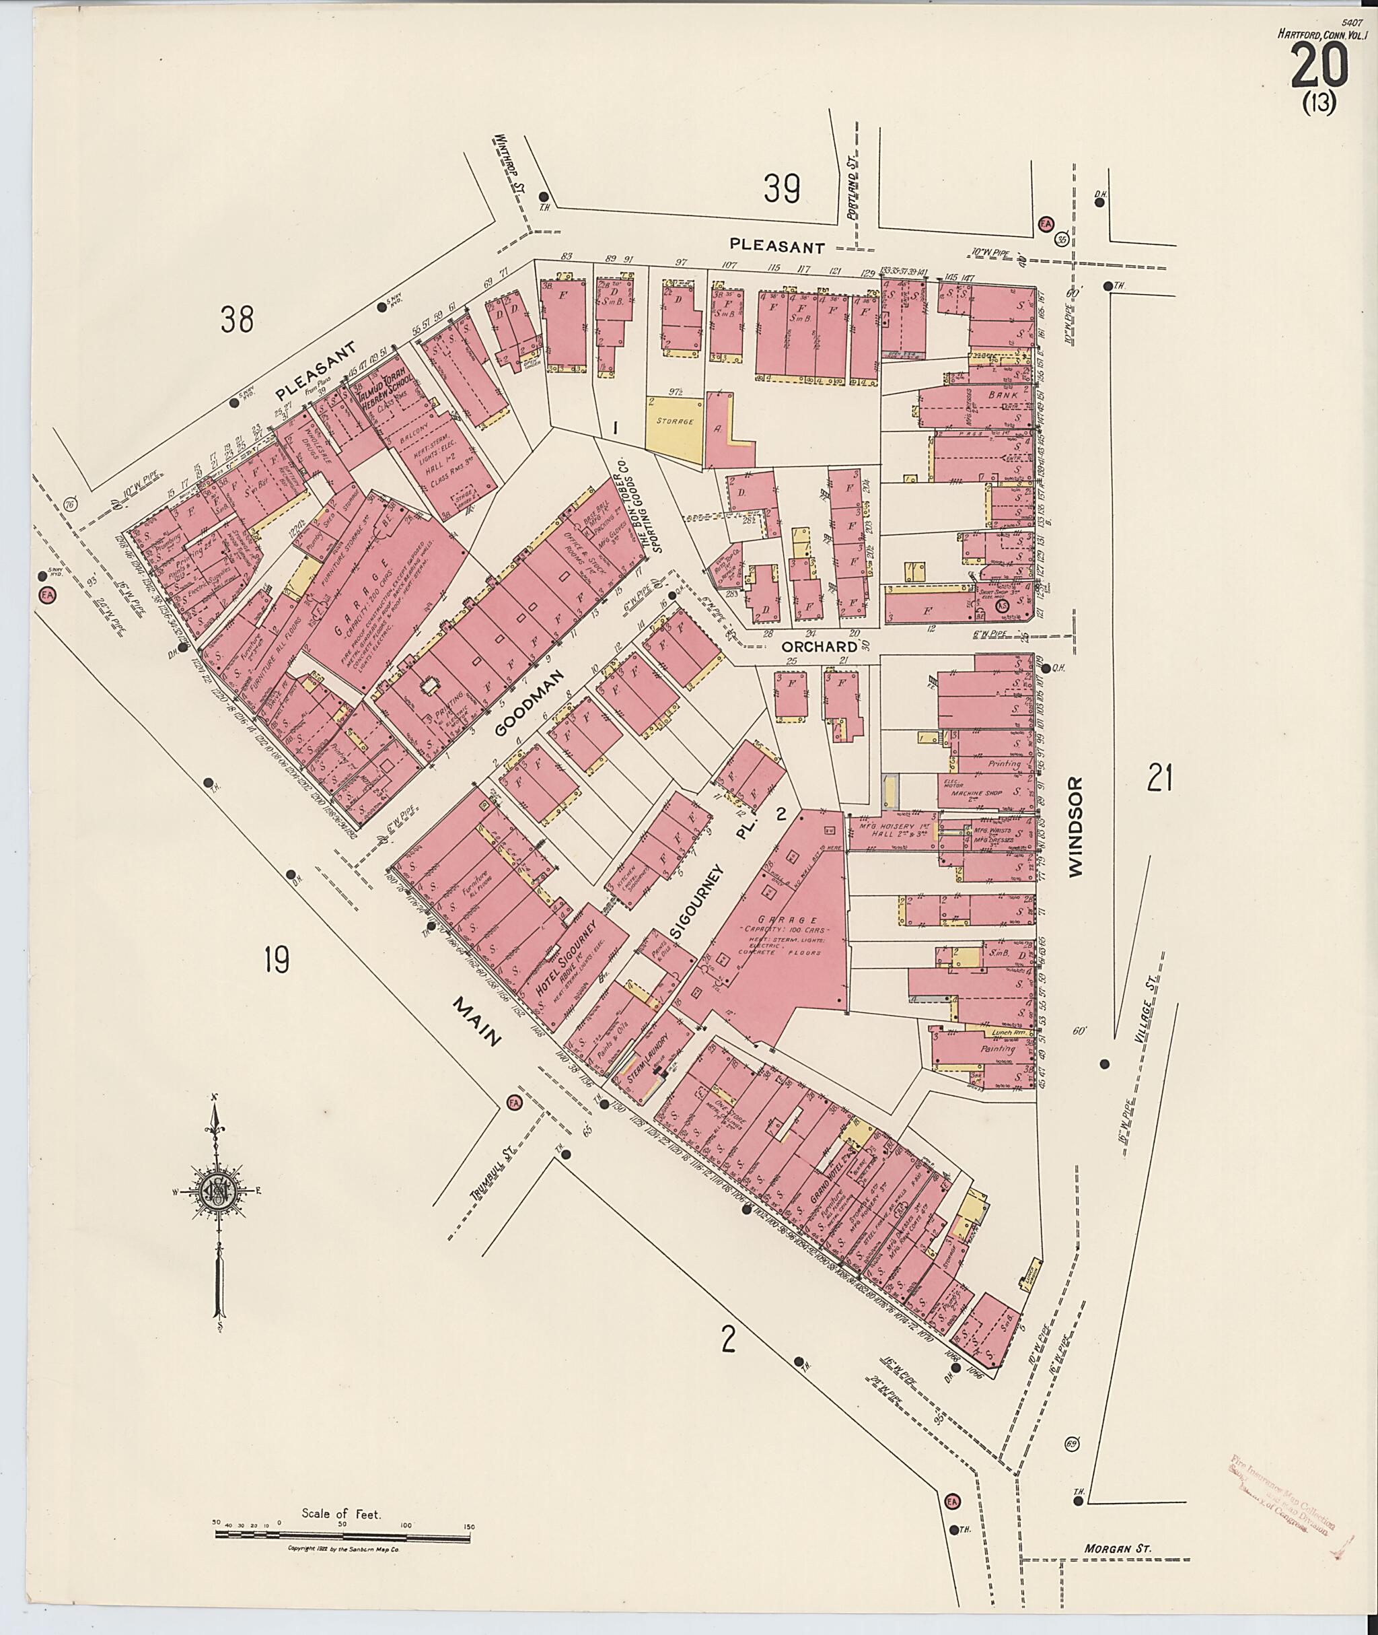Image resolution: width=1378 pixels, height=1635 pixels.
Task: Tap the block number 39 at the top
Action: tap(781, 188)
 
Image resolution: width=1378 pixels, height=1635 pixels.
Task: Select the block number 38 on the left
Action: tap(237, 319)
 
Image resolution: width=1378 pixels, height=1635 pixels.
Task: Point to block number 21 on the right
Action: tap(1159, 778)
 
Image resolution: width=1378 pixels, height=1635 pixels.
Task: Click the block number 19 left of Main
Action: tap(277, 959)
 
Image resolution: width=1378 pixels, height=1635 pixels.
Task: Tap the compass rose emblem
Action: tap(217, 1192)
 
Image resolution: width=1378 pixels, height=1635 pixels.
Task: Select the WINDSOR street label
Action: tap(1077, 827)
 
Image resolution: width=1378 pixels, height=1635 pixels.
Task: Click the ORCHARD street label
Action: tap(820, 646)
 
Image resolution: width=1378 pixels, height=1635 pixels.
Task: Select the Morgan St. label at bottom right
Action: tap(1117, 1547)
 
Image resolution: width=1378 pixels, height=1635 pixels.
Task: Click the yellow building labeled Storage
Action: tap(675, 421)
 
